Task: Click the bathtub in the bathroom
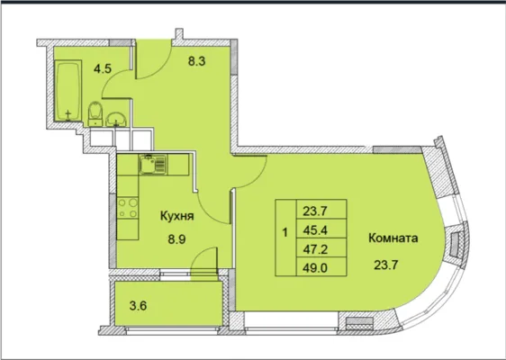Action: tap(68, 91)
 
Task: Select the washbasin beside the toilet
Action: tap(116, 119)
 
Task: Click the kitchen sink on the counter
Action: tap(153, 165)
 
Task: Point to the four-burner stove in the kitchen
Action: tap(128, 208)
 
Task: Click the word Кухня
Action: tap(177, 216)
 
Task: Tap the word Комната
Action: tap(393, 238)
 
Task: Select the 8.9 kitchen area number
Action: tap(177, 239)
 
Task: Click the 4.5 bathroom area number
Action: tap(103, 69)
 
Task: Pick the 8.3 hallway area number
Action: tap(197, 60)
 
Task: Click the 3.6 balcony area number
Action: tap(138, 305)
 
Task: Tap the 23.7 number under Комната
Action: tap(386, 265)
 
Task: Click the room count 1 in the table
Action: tap(285, 232)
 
